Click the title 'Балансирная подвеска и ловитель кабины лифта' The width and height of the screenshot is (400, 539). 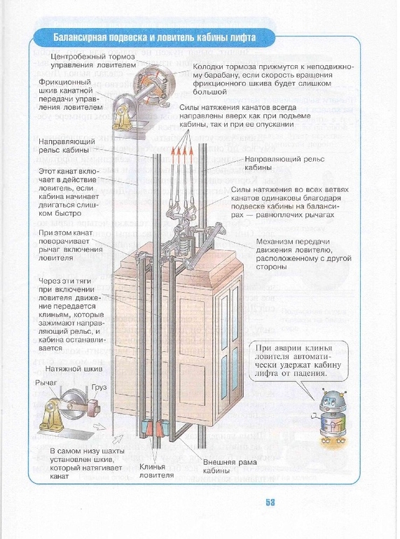[155, 37]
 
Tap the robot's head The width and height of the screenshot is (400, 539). [329, 401]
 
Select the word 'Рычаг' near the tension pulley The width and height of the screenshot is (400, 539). [48, 384]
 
